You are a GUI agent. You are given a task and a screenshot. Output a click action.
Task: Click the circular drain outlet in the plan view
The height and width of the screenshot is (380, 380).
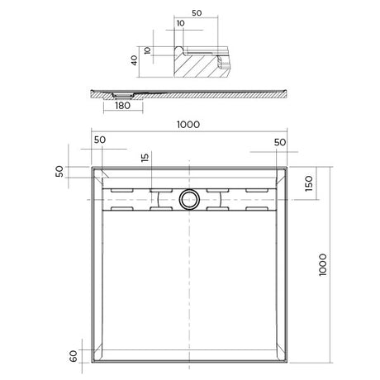coord(188,198)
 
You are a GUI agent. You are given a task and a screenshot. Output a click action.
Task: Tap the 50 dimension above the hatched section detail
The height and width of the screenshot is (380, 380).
coord(197,14)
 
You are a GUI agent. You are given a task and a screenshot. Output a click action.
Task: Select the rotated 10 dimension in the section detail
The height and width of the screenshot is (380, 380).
coord(147,50)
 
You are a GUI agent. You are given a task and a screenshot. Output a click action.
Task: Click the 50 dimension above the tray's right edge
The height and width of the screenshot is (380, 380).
coord(280,142)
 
